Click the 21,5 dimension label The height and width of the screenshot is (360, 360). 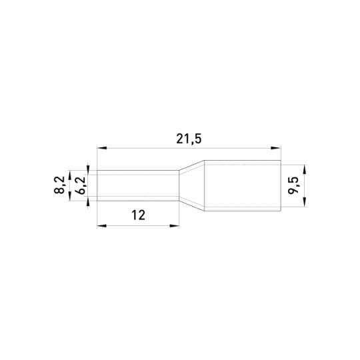[x=189, y=139]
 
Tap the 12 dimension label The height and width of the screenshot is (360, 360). [x=139, y=215]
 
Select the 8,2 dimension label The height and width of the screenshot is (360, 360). [x=59, y=185]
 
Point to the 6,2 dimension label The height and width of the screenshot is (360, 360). [x=81, y=185]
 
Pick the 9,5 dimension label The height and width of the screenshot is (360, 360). [x=293, y=186]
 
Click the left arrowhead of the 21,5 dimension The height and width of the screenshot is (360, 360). [x=102, y=148]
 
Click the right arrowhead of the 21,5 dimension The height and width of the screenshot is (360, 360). [x=276, y=148]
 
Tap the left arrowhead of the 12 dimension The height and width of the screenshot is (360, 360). [x=102, y=226]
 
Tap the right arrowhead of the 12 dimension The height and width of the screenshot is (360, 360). [x=175, y=226]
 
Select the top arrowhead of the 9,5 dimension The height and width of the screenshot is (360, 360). [x=305, y=169]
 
